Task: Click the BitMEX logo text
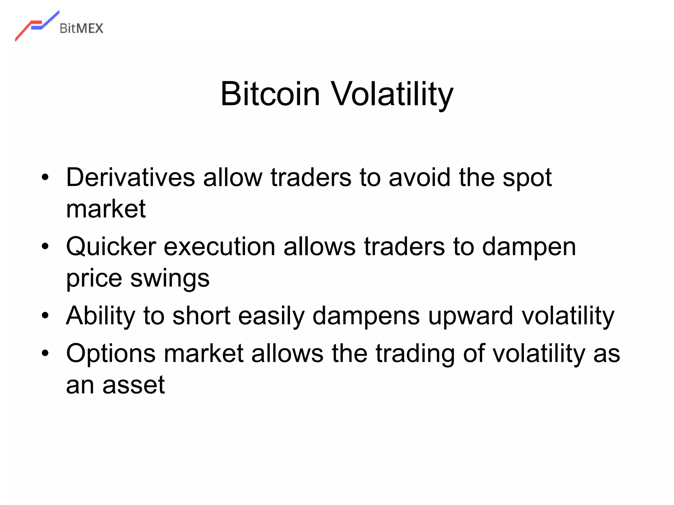coord(81,29)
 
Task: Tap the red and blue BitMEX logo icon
coord(37,25)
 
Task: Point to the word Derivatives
coord(131,178)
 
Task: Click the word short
coord(201,316)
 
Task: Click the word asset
coord(133,385)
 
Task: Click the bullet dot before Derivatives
coord(45,178)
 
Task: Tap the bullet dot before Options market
coord(45,353)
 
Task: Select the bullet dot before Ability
coord(45,316)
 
